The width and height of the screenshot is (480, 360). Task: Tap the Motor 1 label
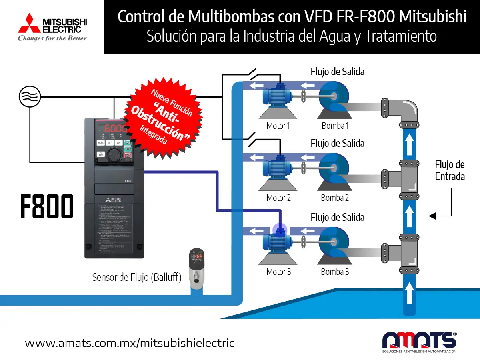pyautogui.click(x=278, y=126)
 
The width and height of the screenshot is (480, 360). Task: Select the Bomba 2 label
pyautogui.click(x=335, y=198)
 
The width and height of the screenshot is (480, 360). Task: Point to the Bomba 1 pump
pyautogui.click(x=334, y=98)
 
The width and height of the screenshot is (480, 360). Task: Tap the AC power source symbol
pyautogui.click(x=30, y=97)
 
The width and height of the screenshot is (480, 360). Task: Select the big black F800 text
pyautogui.click(x=47, y=206)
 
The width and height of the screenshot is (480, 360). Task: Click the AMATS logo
pyautogui.click(x=420, y=341)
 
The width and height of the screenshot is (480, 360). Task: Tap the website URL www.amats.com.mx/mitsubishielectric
pyautogui.click(x=130, y=343)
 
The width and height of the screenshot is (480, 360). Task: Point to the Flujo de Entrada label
pyautogui.click(x=450, y=170)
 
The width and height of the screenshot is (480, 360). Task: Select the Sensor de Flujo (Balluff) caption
pyautogui.click(x=137, y=277)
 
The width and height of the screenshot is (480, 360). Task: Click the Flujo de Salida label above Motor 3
pyautogui.click(x=337, y=217)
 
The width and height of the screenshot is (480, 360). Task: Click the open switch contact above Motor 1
pyautogui.click(x=252, y=74)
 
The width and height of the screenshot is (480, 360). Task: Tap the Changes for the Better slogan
pyautogui.click(x=52, y=38)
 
